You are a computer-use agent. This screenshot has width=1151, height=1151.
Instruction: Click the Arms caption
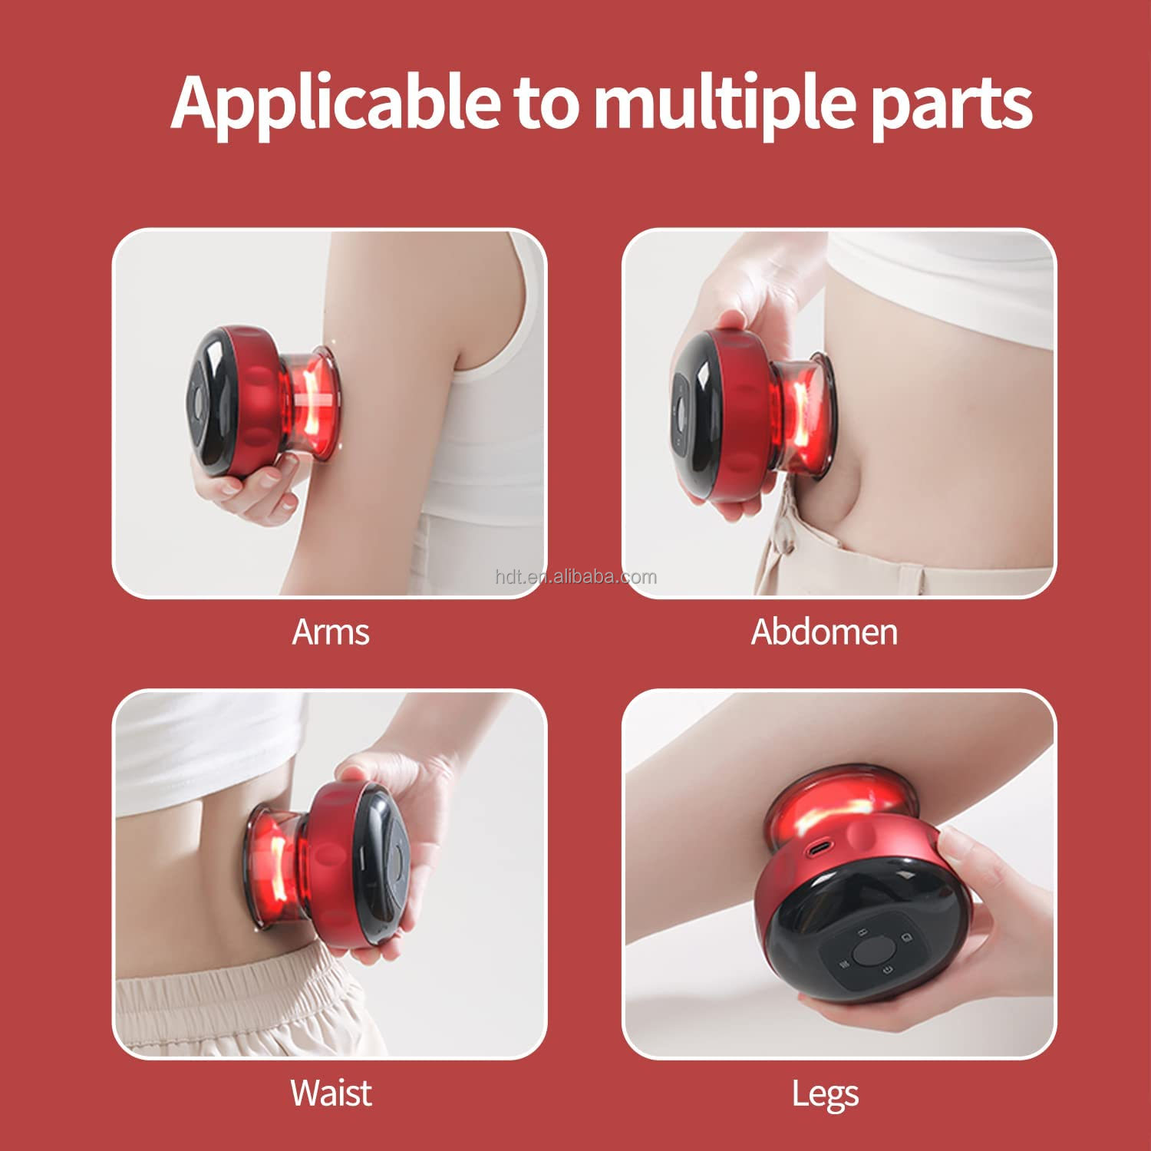[331, 632]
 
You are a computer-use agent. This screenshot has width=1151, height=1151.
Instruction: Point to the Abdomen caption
[823, 632]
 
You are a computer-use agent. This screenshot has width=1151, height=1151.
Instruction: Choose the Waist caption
[331, 1093]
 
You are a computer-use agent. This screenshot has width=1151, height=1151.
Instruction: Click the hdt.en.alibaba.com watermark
[575, 577]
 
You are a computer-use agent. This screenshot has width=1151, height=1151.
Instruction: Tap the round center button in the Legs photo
[869, 952]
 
